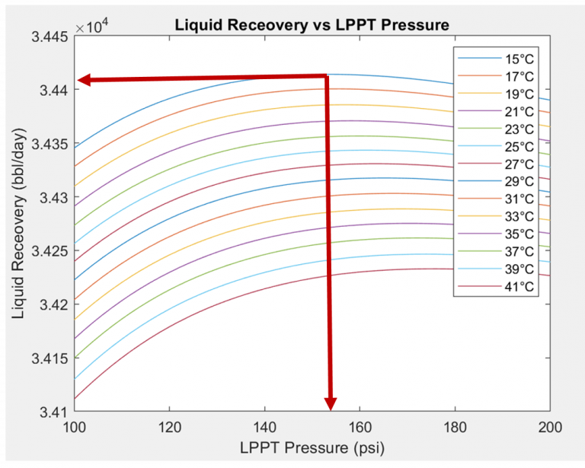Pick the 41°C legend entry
519,286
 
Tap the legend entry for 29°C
519,181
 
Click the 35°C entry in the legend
519,234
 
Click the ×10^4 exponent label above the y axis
94,28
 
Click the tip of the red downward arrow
331,409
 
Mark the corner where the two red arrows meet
327,76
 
